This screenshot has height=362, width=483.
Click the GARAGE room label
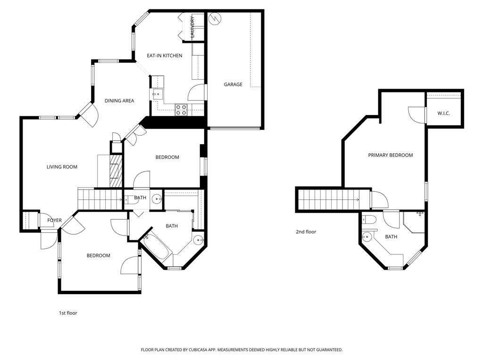click(233, 84)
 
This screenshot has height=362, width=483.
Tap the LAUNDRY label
click(192, 27)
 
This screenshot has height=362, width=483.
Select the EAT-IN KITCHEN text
click(164, 56)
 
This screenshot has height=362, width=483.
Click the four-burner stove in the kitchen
click(181, 110)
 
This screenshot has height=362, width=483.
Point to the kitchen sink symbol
click(157, 94)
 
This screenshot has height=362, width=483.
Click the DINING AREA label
click(119, 100)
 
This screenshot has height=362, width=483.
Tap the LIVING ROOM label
click(62, 167)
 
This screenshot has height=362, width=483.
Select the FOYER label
click(54, 221)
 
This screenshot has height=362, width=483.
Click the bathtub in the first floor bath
click(157, 246)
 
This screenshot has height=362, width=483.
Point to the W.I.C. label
click(443, 113)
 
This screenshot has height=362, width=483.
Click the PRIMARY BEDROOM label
click(391, 155)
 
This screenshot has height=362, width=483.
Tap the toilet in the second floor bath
click(369, 219)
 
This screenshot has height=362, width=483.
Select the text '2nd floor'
click(306, 232)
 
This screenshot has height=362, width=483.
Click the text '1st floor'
click(68, 313)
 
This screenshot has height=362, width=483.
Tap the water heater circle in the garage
click(215, 18)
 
